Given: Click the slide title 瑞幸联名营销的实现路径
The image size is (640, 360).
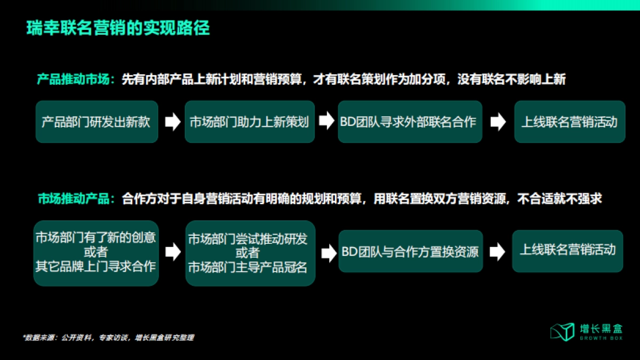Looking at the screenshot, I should (x=118, y=28).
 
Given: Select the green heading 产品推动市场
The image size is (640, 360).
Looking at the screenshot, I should (x=73, y=79).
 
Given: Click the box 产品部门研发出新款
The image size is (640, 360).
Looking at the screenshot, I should (x=97, y=122).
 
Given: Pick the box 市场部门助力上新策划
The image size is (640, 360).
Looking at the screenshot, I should (x=249, y=122).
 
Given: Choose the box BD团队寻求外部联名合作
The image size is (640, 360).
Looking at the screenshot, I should (x=410, y=122).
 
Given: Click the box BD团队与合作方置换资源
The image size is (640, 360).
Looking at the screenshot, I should (x=410, y=251).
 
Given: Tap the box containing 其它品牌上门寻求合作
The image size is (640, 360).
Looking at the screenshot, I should (x=96, y=253).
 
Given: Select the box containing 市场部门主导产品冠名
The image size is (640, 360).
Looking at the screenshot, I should (x=249, y=253).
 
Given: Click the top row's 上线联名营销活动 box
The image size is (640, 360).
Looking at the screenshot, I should (x=569, y=122).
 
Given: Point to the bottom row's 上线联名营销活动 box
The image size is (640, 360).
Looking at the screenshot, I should (x=567, y=250).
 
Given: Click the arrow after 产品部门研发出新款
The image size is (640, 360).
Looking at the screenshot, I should (x=172, y=122).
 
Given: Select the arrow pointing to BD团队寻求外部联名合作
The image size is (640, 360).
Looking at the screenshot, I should (x=326, y=122).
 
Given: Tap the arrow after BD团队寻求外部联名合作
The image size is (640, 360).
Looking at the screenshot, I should (x=498, y=122).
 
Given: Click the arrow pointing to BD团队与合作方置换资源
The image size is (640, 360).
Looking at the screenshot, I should (x=326, y=251).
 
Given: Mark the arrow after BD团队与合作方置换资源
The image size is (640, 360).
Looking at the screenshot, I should (x=497, y=251).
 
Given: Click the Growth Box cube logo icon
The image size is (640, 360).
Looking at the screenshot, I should (x=562, y=331).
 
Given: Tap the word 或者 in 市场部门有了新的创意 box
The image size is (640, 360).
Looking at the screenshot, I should (x=96, y=251).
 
